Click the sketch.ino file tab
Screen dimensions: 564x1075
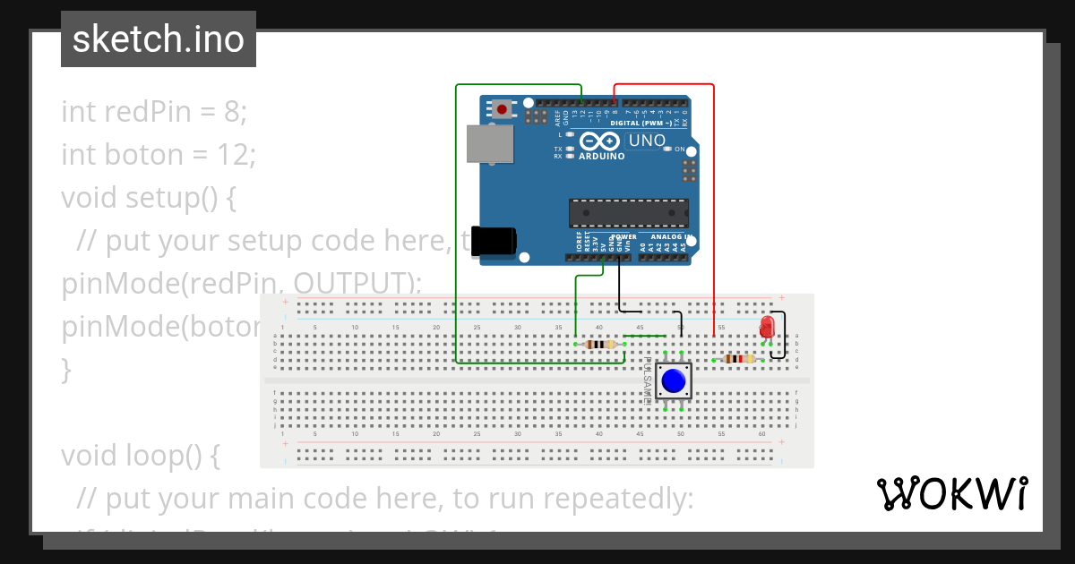coord(159,39)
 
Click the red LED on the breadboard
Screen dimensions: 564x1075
coord(767,326)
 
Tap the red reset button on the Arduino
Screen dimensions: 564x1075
coord(502,109)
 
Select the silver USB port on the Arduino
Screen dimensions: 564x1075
coord(490,143)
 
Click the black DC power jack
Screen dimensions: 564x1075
coord(494,242)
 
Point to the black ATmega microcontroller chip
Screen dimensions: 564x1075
coord(629,213)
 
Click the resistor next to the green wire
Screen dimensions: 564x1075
coord(598,344)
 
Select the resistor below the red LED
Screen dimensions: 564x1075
coord(737,359)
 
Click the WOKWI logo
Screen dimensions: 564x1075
coord(951,493)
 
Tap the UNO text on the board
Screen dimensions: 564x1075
coord(647,141)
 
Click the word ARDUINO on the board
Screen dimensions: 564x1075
coord(601,156)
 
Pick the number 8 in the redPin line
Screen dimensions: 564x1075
coord(232,112)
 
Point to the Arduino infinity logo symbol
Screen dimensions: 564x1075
coord(600,141)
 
